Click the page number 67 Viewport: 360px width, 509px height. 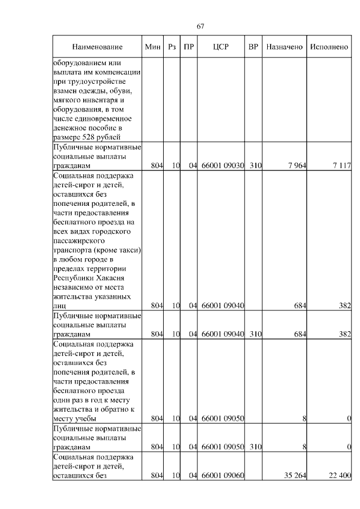point(200,26)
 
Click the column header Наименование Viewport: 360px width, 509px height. point(97,47)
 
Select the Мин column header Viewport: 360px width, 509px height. point(153,47)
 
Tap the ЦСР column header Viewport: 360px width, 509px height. point(220,47)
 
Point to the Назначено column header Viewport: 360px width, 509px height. point(285,47)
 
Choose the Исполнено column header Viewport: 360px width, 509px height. point(329,47)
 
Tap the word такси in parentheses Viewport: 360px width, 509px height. point(127,249)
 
